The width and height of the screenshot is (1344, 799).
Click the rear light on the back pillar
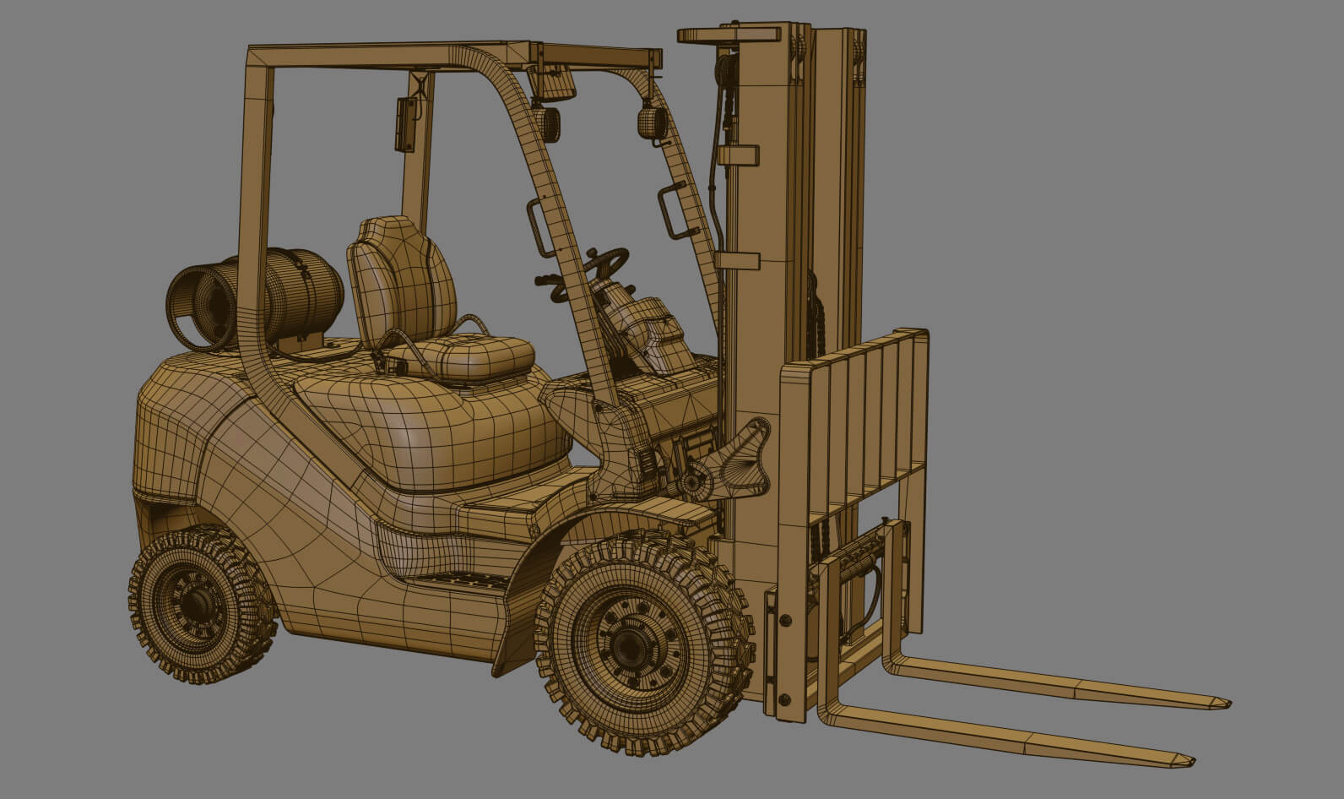406,124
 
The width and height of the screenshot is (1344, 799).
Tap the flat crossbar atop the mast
729,35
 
